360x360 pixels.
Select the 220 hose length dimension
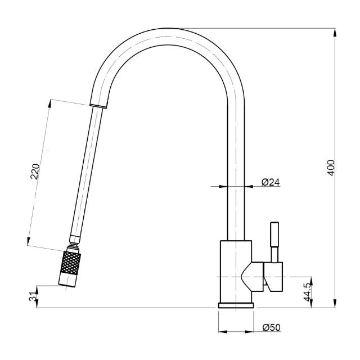pyautogui.click(x=35, y=171)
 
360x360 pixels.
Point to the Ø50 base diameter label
pyautogui.click(x=271, y=326)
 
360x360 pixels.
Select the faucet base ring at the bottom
pyautogui.click(x=236, y=305)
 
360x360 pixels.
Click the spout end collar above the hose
pyautogui.click(x=98, y=105)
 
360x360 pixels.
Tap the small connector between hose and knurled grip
pyautogui.click(x=74, y=246)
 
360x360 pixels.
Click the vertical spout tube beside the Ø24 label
pyautogui.click(x=236, y=186)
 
